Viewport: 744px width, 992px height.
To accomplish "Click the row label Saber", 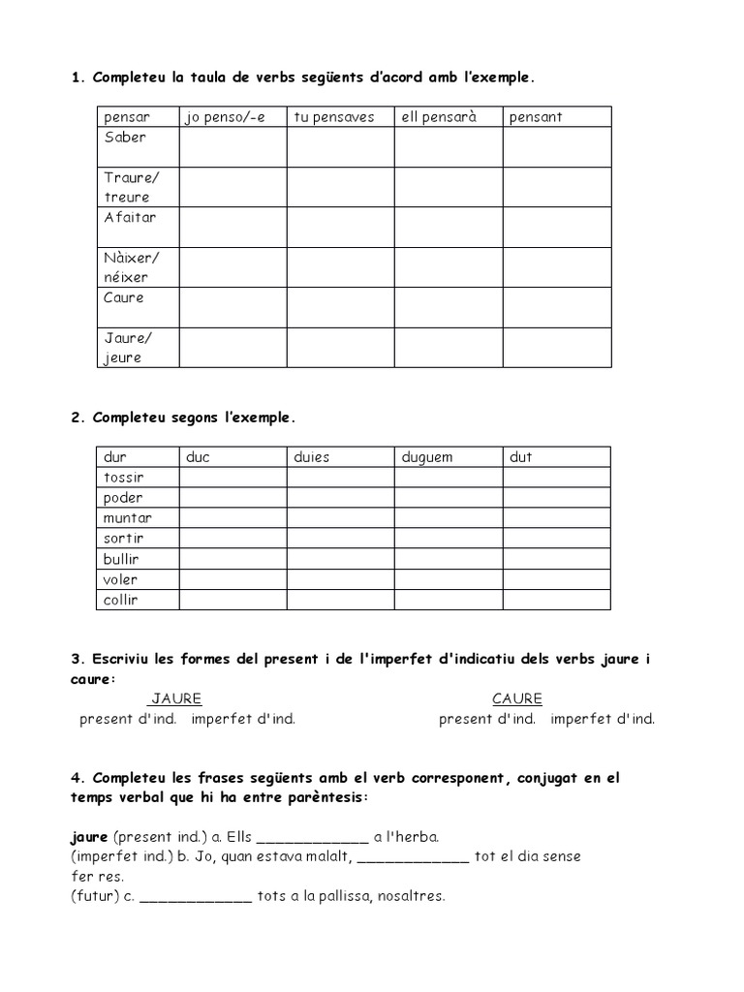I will point(125,138).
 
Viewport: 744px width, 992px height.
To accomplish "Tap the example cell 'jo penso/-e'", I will point(224,117).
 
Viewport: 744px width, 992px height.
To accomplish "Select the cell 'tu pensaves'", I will point(333,117).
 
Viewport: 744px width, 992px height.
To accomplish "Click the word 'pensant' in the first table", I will point(536,117).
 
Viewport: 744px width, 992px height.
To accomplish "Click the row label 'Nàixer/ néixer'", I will point(131,267).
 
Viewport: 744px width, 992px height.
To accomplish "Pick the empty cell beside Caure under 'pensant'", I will point(556,307).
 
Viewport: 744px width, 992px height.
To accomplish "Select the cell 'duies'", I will point(312,457).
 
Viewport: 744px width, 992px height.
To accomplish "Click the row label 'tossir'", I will point(123,478).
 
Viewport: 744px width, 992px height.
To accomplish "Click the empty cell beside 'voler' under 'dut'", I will point(556,579).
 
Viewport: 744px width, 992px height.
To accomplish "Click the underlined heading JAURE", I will point(175,698).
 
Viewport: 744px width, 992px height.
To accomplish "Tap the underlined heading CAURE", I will point(516,698).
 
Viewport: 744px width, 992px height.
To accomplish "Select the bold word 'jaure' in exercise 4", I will point(89,836).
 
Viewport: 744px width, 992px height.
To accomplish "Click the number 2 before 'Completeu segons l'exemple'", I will point(76,418).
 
